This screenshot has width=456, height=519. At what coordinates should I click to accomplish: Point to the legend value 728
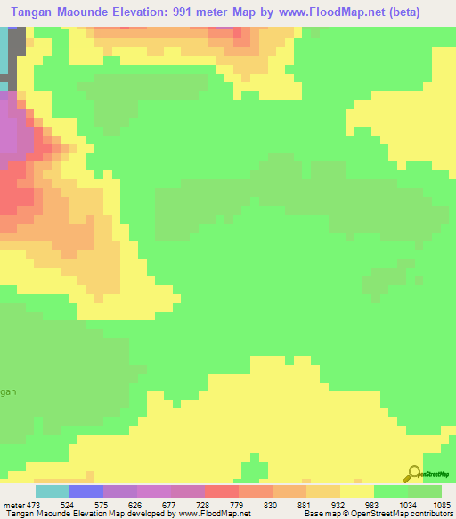(222, 506)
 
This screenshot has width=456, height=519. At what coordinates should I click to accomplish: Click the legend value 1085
(441, 506)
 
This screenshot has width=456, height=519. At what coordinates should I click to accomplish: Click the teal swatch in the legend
(53, 491)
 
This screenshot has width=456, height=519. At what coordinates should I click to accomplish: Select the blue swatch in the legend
(86, 491)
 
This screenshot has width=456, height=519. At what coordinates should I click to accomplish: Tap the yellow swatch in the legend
(356, 491)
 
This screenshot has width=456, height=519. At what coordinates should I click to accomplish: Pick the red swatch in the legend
(222, 491)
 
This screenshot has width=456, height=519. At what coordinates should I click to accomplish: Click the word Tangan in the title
(37, 11)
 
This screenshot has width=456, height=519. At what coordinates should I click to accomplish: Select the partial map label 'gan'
(8, 391)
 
